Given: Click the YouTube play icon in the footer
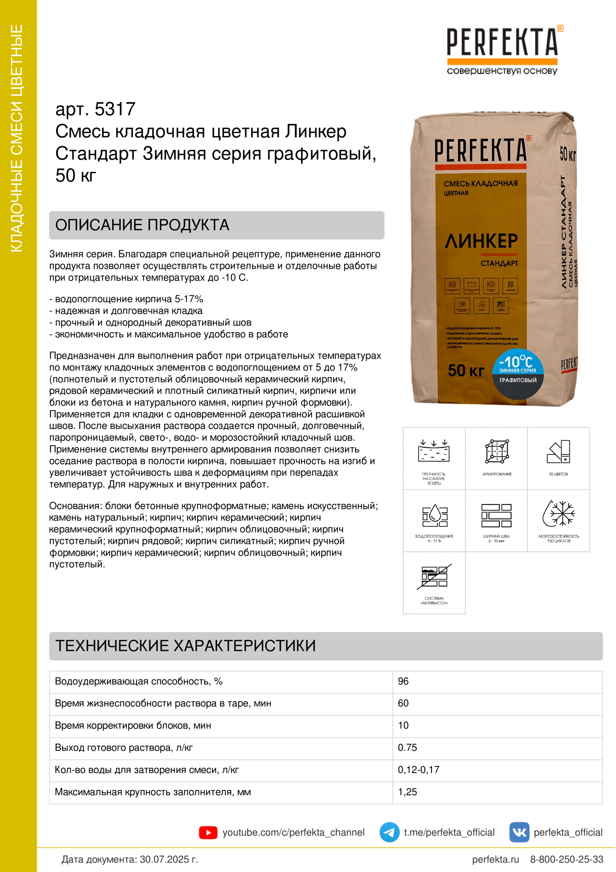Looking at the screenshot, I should pyautogui.click(x=208, y=832).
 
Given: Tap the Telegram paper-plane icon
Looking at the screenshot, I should pyautogui.click(x=389, y=832).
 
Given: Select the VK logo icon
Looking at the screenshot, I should pyautogui.click(x=519, y=832).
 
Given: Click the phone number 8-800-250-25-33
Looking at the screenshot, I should pyautogui.click(x=566, y=859).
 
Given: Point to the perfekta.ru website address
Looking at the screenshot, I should pyautogui.click(x=495, y=859).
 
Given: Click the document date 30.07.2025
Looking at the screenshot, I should pyautogui.click(x=168, y=859).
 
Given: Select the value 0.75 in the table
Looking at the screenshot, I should pyautogui.click(x=407, y=748).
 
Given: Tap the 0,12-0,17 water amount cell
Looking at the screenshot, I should pyautogui.click(x=418, y=770).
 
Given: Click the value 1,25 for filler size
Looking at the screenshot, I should pyautogui.click(x=407, y=792).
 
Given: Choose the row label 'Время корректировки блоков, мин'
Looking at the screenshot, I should pyautogui.click(x=133, y=725).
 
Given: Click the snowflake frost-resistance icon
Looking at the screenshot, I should pyautogui.click(x=558, y=513).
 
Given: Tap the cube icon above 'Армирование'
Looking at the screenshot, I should pyautogui.click(x=496, y=451).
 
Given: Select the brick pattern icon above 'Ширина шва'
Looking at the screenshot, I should pyautogui.click(x=496, y=515).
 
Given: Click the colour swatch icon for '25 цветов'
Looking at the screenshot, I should pyautogui.click(x=559, y=451).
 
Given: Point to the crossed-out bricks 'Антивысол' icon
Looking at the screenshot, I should pyautogui.click(x=434, y=577).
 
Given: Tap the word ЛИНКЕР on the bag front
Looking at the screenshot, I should pyautogui.click(x=481, y=241).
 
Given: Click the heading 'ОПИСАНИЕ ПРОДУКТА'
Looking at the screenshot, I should pyautogui.click(x=142, y=225).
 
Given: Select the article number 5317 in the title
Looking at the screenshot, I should pyautogui.click(x=115, y=109).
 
